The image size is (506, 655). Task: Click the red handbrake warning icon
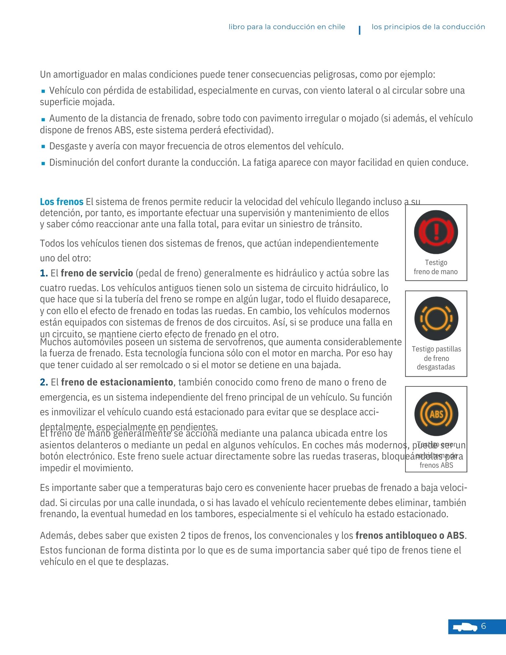[436, 232]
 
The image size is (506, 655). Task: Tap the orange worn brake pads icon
[436, 318]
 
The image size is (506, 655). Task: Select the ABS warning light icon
[436, 414]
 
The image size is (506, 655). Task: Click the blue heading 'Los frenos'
[62, 202]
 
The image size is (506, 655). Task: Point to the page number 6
[483, 626]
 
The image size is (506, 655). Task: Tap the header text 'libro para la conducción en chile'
[287, 27]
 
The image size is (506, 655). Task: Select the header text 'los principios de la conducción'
[428, 27]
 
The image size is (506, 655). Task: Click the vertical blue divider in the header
[360, 30]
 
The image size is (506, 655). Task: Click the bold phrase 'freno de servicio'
[97, 273]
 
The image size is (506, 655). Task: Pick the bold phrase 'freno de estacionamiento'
[117, 382]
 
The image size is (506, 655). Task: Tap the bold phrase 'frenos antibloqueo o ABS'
[410, 535]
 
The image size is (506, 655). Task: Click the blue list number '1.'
[44, 273]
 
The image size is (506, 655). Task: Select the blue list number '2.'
[44, 382]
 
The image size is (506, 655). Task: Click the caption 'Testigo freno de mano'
[436, 267]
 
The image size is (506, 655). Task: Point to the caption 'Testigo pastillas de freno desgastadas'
[436, 358]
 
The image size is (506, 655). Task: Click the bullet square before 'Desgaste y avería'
[43, 146]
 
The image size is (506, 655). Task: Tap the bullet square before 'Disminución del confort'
[43, 163]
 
